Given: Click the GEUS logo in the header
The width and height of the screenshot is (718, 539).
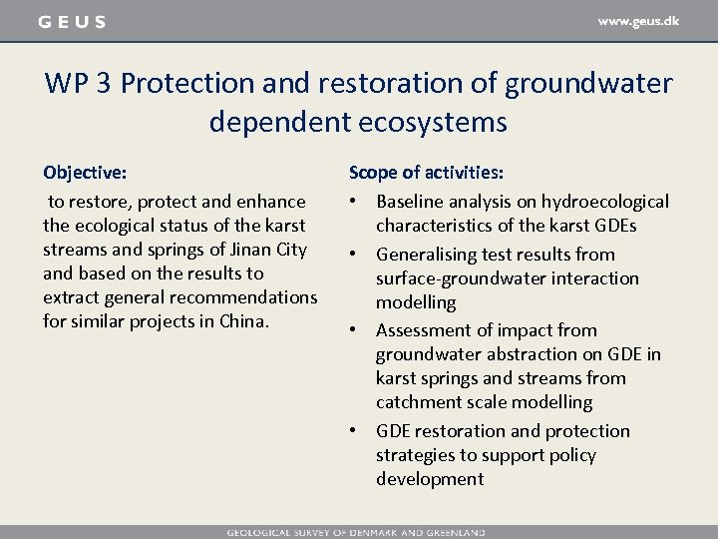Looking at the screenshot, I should pos(72,22).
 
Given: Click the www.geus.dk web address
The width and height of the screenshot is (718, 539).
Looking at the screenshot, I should pos(638,21).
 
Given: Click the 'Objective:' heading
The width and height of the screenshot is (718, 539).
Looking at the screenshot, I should pos(85,173).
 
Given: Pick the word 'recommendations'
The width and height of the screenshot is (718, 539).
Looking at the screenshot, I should pos(254,297).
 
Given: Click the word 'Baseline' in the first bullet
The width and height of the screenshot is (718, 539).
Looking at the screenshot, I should pos(411,202).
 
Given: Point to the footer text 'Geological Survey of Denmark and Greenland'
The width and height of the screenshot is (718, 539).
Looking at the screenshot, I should pos(356,532).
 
